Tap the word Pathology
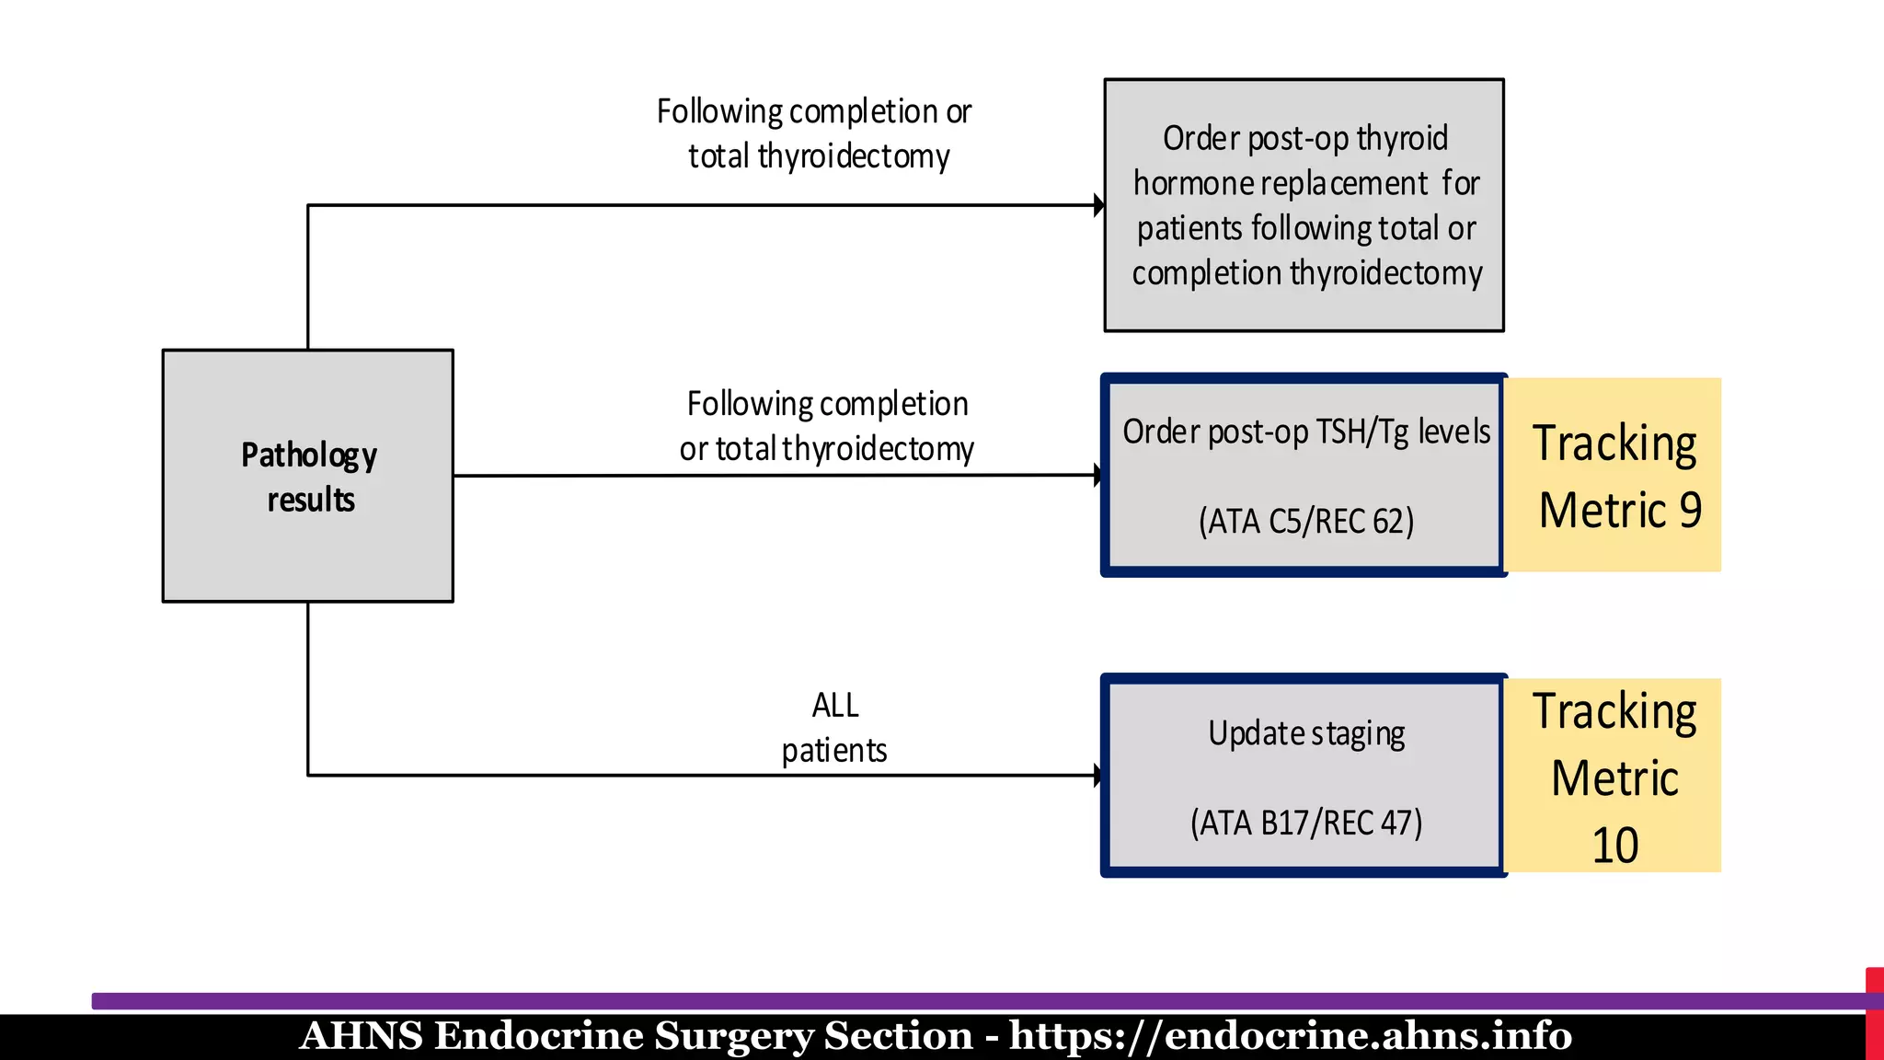(x=309, y=455)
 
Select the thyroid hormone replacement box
(x=1304, y=205)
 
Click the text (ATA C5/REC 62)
(x=1305, y=522)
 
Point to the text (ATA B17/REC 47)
(x=1305, y=823)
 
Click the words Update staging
(x=1305, y=733)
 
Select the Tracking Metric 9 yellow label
(x=1614, y=475)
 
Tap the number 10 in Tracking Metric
(x=1614, y=845)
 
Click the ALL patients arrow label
(x=834, y=728)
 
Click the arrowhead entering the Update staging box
(x=1097, y=775)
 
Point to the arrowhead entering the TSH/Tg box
(x=1097, y=475)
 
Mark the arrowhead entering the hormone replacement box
(x=1098, y=205)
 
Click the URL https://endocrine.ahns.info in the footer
(x=1290, y=1036)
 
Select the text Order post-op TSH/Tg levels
(x=1305, y=432)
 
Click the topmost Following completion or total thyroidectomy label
(x=815, y=133)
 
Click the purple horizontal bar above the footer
(x=920, y=1001)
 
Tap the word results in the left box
(x=311, y=501)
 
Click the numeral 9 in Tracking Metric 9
(x=1690, y=510)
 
